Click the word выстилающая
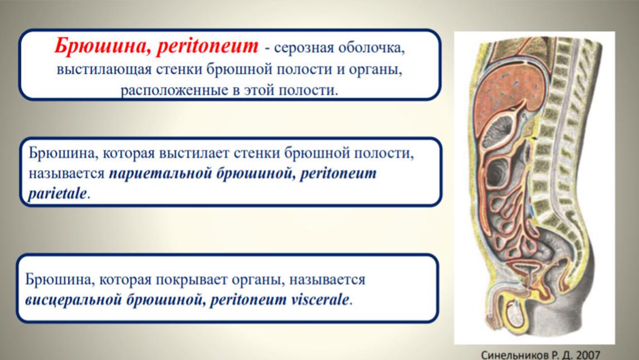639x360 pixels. point(104,69)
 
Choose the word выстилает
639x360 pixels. point(193,153)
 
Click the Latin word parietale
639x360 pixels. point(57,194)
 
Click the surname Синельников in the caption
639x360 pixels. point(515,354)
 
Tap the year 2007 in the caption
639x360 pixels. point(588,354)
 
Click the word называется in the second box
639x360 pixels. point(66,174)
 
